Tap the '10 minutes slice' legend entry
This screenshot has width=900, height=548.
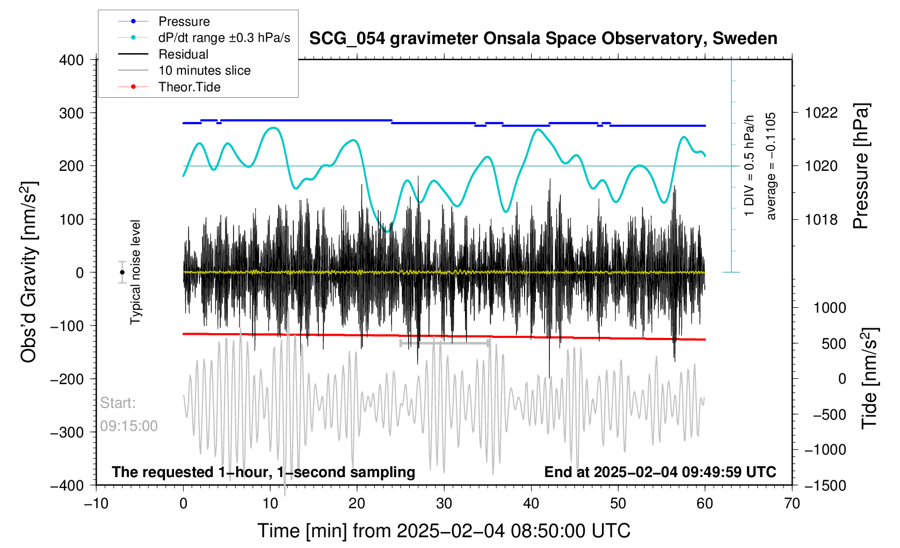[x=184, y=70]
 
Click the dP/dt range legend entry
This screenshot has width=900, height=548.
[x=204, y=38]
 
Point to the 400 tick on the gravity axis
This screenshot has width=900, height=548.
[x=71, y=60]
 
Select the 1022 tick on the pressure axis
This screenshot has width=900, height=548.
[x=821, y=113]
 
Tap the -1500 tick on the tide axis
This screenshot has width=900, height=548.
[x=825, y=486]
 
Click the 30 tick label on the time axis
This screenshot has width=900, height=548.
[x=444, y=503]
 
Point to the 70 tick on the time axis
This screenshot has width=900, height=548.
[x=792, y=503]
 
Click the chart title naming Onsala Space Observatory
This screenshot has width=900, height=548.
[x=543, y=39]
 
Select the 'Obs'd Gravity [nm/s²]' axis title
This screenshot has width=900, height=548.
[x=29, y=272]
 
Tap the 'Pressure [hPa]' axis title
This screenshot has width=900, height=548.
[x=861, y=167]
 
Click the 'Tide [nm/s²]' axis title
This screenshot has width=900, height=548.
[x=869, y=378]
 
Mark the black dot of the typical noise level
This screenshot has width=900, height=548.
[x=122, y=272]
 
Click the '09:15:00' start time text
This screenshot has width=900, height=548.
[x=129, y=426]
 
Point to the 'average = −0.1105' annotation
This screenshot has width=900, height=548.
[x=771, y=166]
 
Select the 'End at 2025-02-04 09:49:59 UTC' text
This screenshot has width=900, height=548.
[x=660, y=472]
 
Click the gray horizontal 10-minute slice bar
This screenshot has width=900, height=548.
[x=445, y=343]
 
